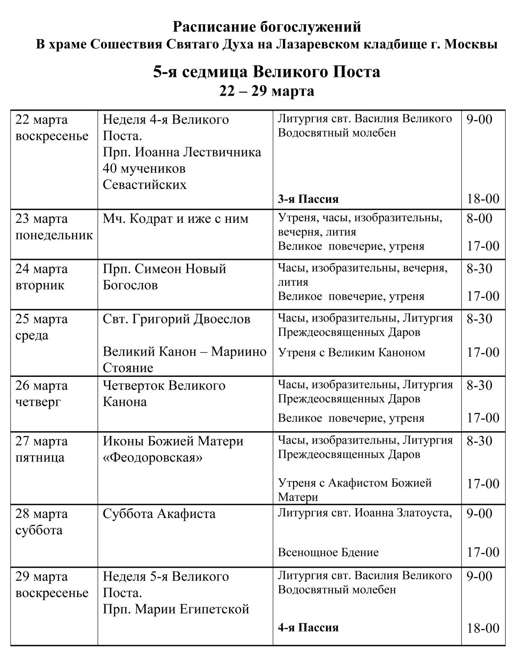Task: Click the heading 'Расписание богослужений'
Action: [x=267, y=27]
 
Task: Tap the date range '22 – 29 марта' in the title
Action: [x=267, y=91]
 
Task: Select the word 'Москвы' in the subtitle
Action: [x=471, y=44]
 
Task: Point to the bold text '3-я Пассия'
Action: [x=308, y=199]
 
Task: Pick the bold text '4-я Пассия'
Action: [x=308, y=627]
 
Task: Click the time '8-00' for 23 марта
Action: [x=479, y=218]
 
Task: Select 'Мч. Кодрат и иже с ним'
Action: [x=175, y=219]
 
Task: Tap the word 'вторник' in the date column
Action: [x=40, y=285]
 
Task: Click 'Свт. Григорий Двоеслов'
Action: [x=176, y=319]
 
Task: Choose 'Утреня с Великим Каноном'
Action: [x=352, y=353]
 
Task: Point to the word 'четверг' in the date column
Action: [x=38, y=402]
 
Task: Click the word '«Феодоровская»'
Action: [x=152, y=458]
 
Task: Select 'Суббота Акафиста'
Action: [x=159, y=514]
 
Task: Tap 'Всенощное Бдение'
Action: [x=328, y=552]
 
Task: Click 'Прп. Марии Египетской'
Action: [x=176, y=609]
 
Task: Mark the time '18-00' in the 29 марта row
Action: [x=483, y=628]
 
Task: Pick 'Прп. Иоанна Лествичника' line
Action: [x=182, y=152]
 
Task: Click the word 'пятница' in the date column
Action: [x=40, y=458]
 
